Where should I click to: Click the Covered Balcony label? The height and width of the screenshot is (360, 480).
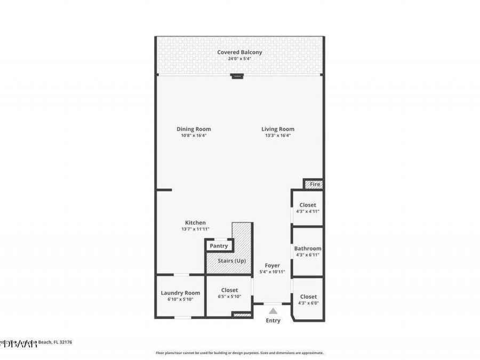(239, 52)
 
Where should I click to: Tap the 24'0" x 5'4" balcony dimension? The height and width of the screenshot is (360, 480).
(239, 59)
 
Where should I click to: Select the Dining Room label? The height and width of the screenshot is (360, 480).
(194, 129)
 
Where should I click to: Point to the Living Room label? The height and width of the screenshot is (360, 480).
(278, 129)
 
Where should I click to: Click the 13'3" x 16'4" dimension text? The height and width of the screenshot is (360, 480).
(278, 135)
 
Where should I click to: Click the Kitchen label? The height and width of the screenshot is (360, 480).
(195, 222)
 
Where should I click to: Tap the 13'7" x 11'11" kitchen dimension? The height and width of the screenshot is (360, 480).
(195, 229)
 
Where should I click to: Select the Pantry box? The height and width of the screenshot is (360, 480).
(219, 246)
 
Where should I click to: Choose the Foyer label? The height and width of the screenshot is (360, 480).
(272, 265)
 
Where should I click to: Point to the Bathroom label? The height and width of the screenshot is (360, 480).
(308, 249)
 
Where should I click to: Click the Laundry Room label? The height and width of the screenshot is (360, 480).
(180, 293)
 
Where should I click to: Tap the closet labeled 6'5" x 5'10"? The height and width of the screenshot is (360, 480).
(229, 293)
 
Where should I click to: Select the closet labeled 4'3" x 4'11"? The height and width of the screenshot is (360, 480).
(308, 208)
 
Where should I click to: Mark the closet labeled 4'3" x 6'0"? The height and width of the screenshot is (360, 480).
(308, 300)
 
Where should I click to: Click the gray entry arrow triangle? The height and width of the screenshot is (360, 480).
(273, 311)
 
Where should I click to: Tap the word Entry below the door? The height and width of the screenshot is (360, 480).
(273, 321)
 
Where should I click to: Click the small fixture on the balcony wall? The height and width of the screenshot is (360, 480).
(237, 76)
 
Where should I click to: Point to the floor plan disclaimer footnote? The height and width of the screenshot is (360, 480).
(239, 353)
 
